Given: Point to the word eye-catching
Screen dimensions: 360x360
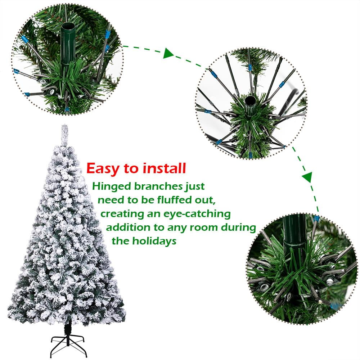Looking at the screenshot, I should coord(196,213).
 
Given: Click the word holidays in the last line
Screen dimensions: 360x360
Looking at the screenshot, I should coord(155,241).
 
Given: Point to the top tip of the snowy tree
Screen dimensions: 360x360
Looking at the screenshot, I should coord(64,127).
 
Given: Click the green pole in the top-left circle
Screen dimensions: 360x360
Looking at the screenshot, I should coord(68,47).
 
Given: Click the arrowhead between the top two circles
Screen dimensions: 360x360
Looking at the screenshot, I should coord(168,54).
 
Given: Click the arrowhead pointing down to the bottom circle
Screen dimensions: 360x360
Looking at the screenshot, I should coord(307,177).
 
